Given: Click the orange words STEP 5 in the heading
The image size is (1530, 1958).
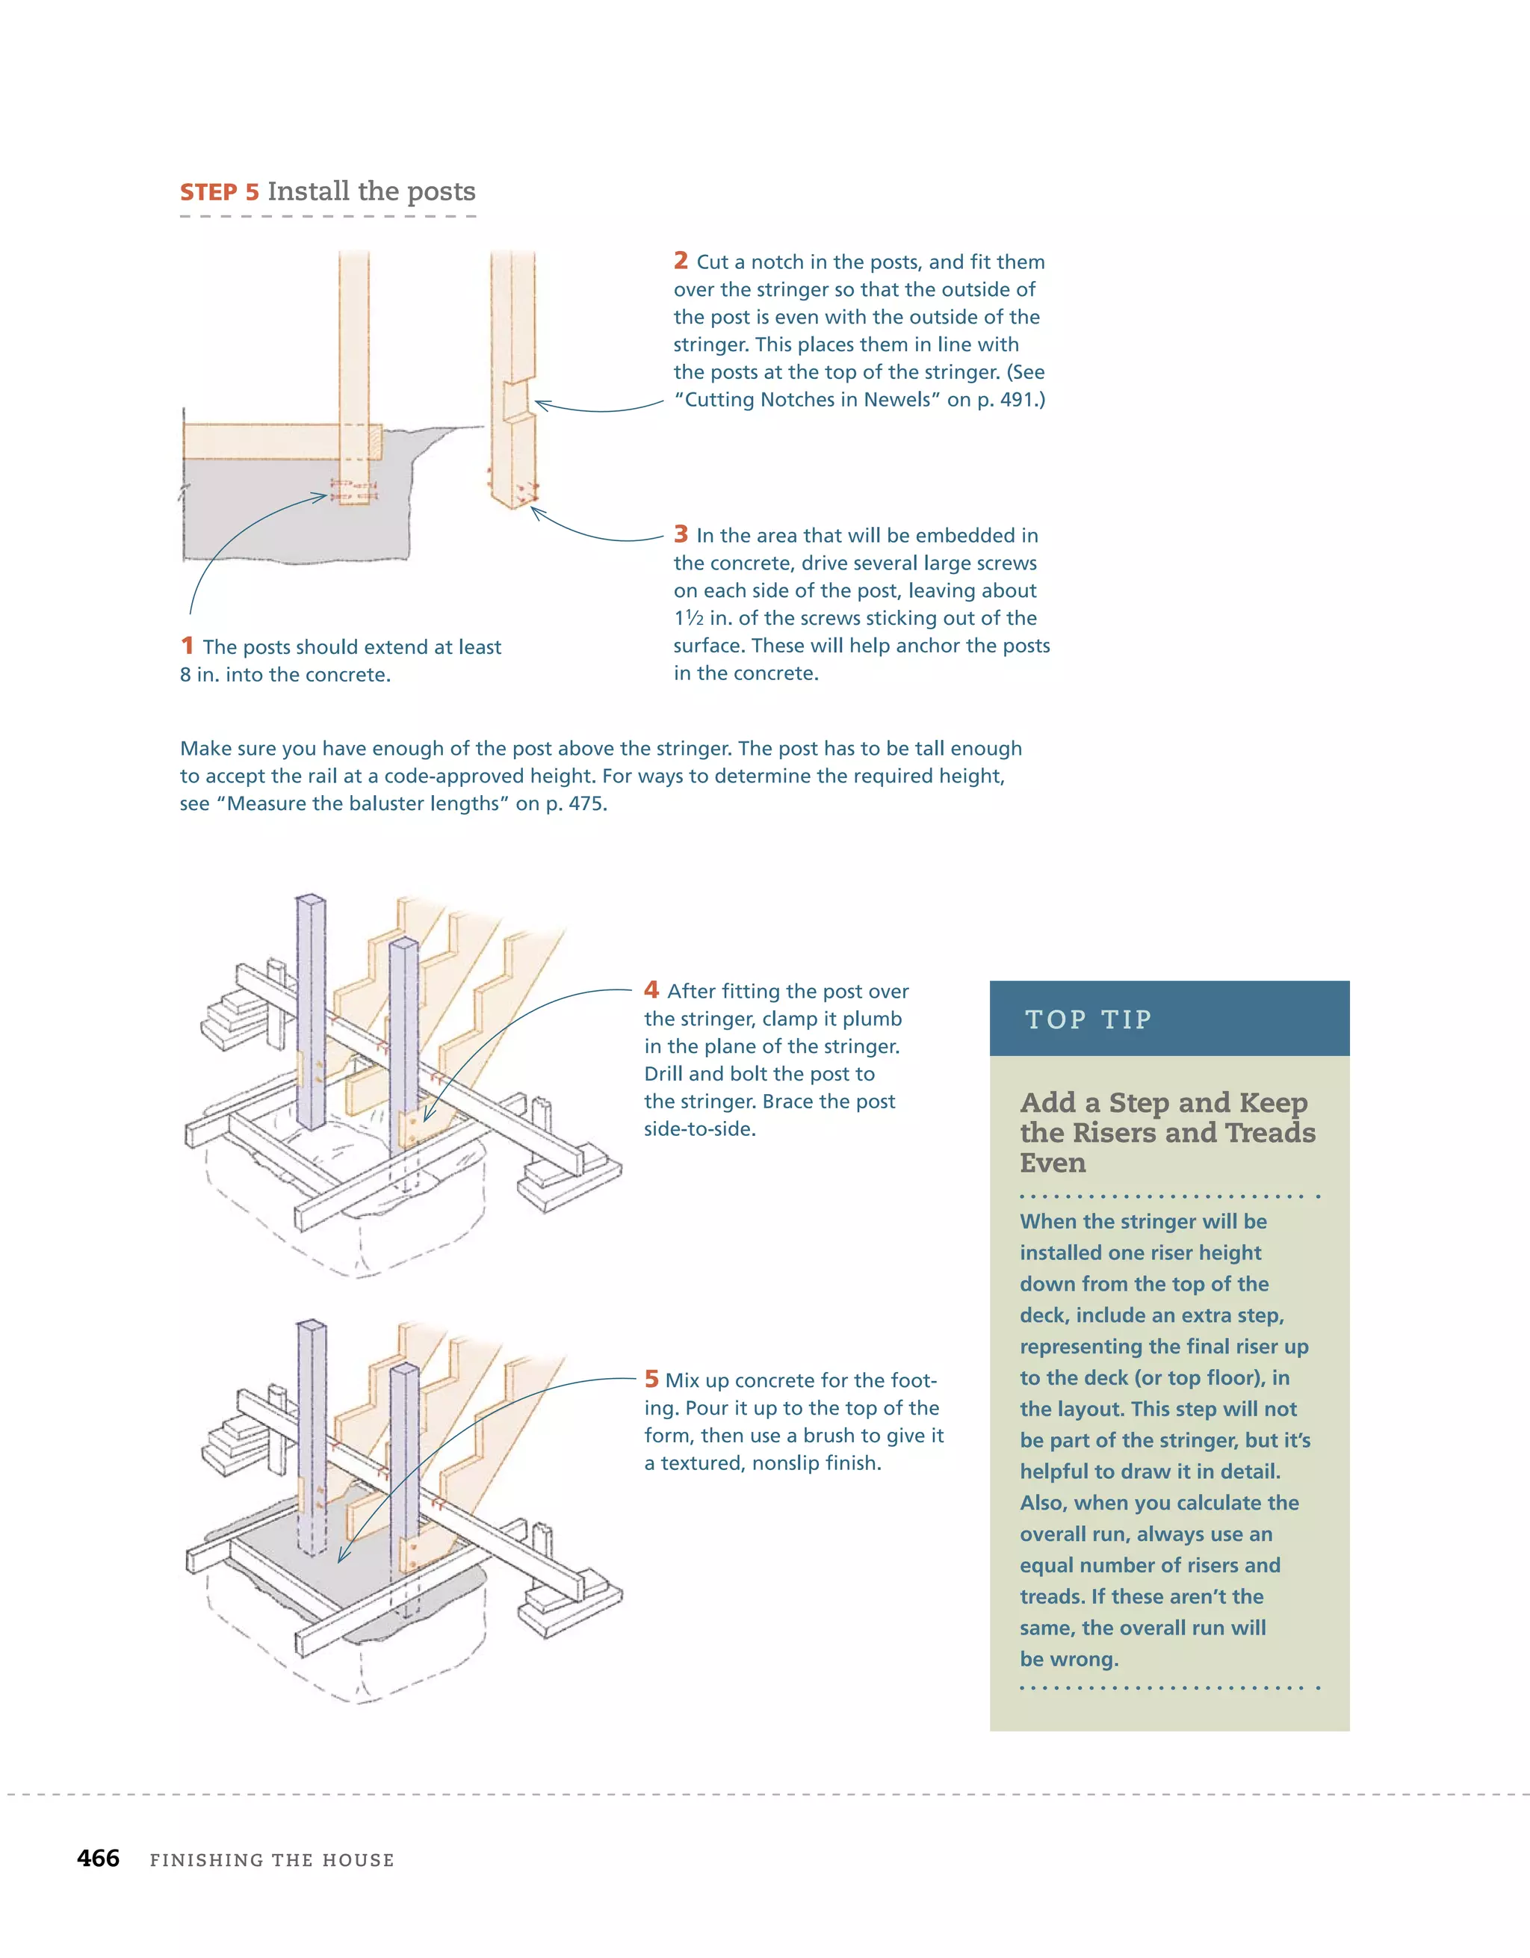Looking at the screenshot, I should click(220, 193).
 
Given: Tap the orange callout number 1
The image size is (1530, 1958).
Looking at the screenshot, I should click(187, 646).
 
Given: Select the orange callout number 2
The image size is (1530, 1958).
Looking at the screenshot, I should click(681, 261).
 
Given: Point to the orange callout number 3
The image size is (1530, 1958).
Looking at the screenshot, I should click(681, 534).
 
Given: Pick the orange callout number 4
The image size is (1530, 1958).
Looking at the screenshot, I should click(651, 989).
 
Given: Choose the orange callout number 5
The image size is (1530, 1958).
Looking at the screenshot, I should click(651, 1379).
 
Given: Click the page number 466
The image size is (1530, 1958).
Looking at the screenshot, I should click(99, 1859).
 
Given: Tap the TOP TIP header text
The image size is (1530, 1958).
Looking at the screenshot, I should click(1088, 1019).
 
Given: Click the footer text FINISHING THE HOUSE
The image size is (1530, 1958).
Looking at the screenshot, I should click(272, 1860).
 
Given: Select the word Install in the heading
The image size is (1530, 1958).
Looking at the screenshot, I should click(309, 192).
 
